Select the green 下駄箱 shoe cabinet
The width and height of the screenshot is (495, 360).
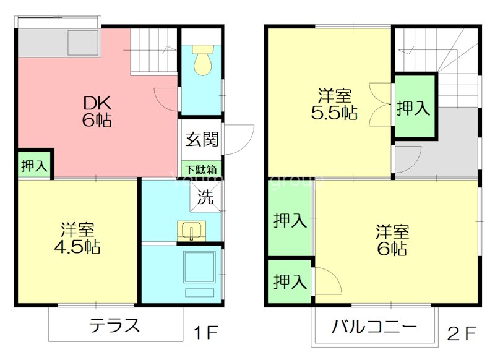point(201,169)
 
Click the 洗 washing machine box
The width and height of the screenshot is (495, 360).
point(205,198)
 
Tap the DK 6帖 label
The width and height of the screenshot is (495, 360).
point(96,111)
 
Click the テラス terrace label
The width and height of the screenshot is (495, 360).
point(114,325)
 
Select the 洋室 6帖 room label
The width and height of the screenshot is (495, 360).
point(392,241)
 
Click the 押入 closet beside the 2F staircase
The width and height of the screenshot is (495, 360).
point(414,108)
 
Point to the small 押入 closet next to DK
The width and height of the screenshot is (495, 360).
point(34,166)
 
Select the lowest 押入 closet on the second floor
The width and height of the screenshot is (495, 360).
point(290,283)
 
